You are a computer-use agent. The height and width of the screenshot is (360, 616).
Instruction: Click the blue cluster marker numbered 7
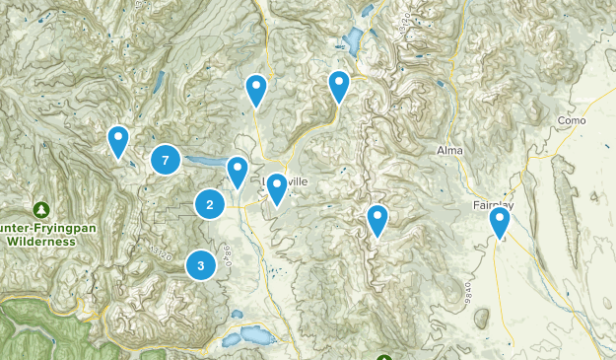coord(166,159)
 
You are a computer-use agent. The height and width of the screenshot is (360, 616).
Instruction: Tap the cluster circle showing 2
coord(209,204)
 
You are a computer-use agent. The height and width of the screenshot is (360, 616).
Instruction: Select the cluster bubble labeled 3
coord(201,264)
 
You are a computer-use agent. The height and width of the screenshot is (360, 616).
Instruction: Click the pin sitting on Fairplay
coord(502,223)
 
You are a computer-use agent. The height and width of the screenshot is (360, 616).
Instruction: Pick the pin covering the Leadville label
coord(277,188)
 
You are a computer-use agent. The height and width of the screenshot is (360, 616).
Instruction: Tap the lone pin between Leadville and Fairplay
coord(376,220)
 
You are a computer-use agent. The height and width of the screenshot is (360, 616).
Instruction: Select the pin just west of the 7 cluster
coord(118,141)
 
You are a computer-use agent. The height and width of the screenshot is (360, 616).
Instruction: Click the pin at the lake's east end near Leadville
coord(238,172)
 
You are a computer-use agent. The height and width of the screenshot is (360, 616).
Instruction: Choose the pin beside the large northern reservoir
coord(339,87)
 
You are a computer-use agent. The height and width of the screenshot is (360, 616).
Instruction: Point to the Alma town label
coord(449,150)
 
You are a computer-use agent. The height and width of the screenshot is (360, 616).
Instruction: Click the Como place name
coord(573,120)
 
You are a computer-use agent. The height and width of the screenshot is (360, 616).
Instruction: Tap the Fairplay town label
coord(490,205)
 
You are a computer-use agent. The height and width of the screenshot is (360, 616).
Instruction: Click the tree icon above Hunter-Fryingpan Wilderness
coord(40,209)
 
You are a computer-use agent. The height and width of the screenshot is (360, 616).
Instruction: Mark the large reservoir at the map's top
coord(351,41)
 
